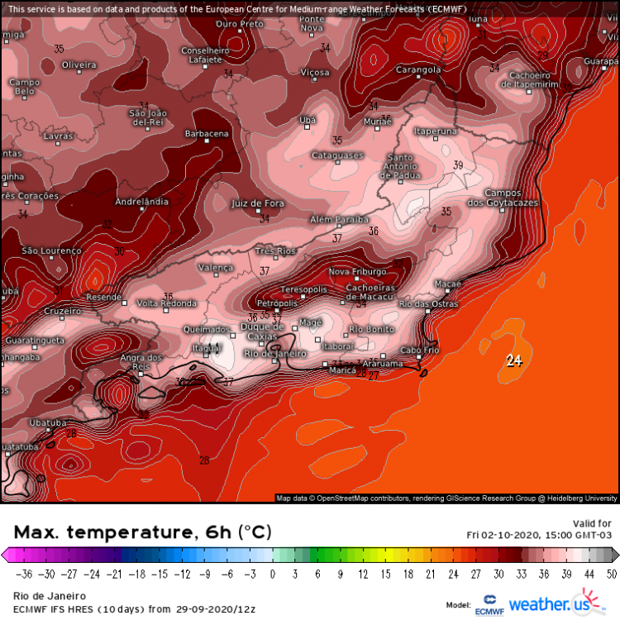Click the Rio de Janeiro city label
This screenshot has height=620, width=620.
click(x=270, y=354)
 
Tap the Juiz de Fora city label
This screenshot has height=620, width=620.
click(x=258, y=203)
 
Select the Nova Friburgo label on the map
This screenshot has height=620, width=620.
click(x=357, y=271)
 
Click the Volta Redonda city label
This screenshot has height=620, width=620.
click(x=166, y=303)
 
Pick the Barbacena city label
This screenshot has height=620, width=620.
click(x=207, y=134)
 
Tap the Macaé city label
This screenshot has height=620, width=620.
click(x=447, y=284)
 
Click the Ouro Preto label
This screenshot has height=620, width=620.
click(x=240, y=24)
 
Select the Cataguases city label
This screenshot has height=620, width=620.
click(x=337, y=155)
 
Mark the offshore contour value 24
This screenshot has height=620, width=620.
click(x=514, y=360)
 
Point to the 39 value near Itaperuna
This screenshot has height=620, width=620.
click(x=458, y=166)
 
